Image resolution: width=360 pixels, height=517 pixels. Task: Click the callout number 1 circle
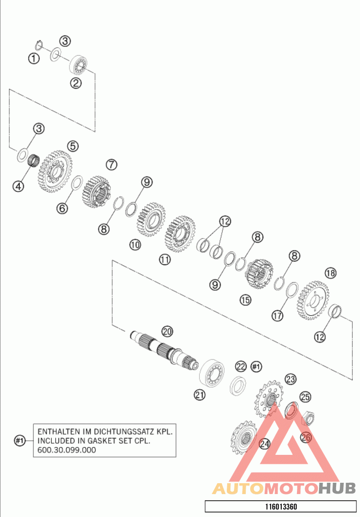point(34,59)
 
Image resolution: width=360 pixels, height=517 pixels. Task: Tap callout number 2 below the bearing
point(76,82)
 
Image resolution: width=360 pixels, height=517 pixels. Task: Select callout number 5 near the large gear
point(73,146)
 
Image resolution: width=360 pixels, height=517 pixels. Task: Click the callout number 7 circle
point(112,164)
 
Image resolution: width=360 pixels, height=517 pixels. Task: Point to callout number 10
point(135,245)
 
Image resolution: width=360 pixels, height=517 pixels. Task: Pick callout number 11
point(165,259)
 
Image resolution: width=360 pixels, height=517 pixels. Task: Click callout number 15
point(245,300)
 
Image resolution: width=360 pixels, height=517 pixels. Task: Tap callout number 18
point(330,273)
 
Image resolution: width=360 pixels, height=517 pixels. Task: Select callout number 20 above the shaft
point(167,331)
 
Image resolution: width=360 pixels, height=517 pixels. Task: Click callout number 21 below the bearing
point(200,395)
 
